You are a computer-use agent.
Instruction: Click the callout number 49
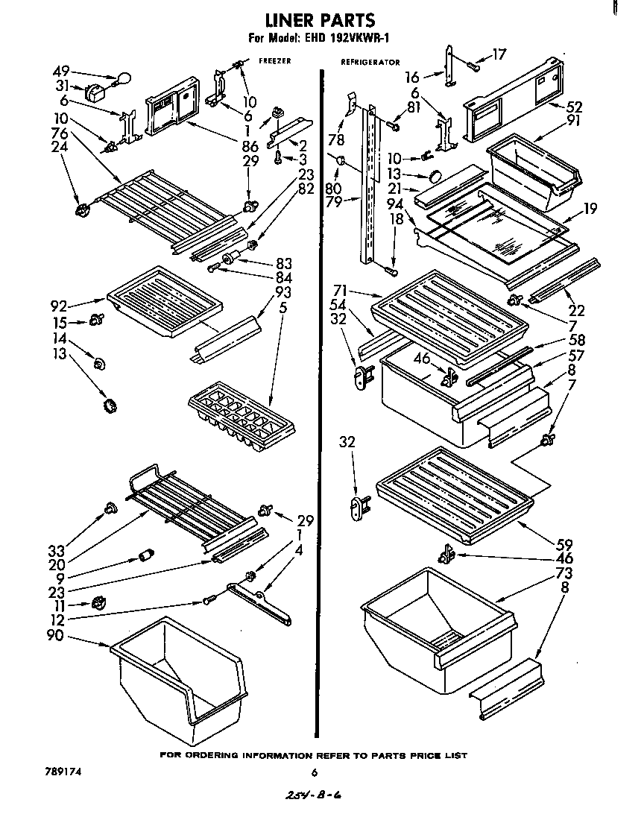60,71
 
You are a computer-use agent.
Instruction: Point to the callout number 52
575,106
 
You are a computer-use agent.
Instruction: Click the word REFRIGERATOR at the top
370,63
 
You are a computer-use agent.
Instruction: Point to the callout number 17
499,54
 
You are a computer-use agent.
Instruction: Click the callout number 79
333,202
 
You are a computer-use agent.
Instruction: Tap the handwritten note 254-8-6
315,795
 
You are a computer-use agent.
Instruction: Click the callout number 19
591,209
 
